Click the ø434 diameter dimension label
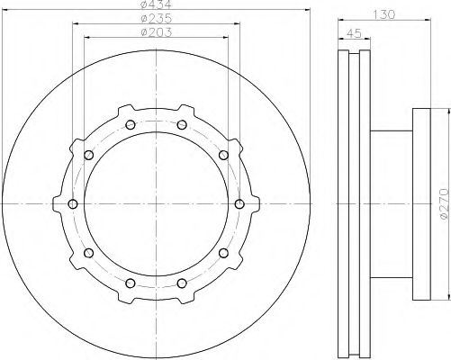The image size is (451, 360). pos(156,4)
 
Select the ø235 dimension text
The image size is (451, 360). pos(157,19)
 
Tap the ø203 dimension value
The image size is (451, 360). pos(157,32)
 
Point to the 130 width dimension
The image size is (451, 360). pos(384,14)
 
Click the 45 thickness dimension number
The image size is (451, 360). pos(354,33)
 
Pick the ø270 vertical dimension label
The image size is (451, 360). pos(446,203)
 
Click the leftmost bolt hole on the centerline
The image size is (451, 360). pos(73,204)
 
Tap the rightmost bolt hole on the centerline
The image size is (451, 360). pos(239,204)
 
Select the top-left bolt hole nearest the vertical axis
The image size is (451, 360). pos(131,125)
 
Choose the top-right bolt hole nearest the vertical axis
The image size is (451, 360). pos(182,125)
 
